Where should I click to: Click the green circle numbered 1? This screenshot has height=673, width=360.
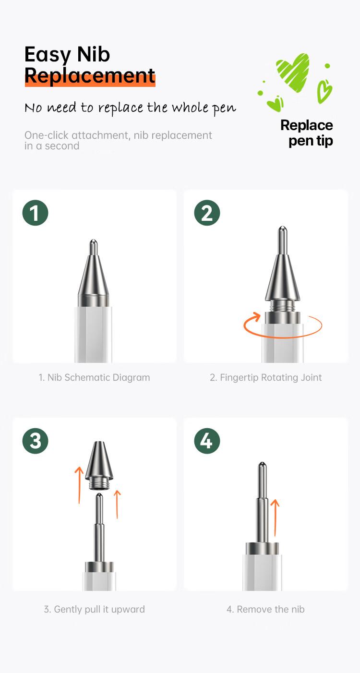click(35, 213)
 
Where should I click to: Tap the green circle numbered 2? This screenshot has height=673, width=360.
click(207, 213)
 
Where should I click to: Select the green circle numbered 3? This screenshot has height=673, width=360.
click(35, 441)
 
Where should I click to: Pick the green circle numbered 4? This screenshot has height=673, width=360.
click(207, 441)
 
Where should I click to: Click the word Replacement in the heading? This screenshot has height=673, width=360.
click(90, 75)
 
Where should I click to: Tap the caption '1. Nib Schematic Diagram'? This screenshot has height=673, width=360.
click(94, 377)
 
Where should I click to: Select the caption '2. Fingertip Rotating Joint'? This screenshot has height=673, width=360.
click(265, 377)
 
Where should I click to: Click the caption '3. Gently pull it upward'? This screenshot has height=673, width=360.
click(94, 609)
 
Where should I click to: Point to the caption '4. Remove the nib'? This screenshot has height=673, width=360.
click(265, 609)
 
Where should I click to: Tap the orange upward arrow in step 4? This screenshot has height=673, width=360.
click(275, 517)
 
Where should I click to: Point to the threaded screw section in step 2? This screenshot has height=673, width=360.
click(282, 306)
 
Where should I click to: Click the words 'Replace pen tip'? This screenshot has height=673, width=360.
click(307, 133)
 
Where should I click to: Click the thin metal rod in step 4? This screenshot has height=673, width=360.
click(263, 502)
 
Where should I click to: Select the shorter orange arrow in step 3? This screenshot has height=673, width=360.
click(117, 504)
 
